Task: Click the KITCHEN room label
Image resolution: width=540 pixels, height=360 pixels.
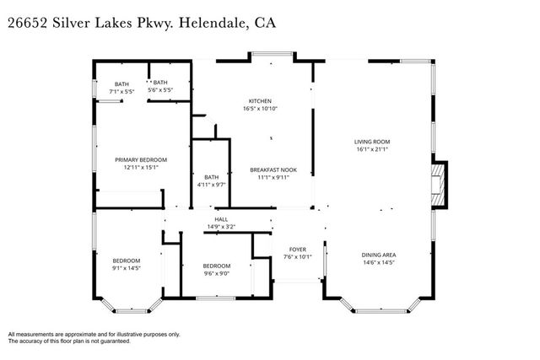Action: tap(259, 100)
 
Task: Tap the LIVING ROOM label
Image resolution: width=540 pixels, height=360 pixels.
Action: tap(371, 141)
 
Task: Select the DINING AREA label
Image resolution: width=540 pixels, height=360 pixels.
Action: tap(378, 255)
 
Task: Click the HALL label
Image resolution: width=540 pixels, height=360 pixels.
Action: tap(221, 218)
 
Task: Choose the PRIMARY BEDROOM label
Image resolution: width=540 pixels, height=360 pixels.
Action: tap(141, 159)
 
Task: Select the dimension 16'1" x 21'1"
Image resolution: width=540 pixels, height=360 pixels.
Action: tap(371, 149)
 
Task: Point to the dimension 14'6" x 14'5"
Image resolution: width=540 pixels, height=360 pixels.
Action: tap(378, 263)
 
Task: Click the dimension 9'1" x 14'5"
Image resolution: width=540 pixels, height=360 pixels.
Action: tap(127, 269)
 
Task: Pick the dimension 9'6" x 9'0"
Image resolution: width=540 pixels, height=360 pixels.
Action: tap(216, 273)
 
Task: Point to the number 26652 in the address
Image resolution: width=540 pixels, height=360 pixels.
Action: tap(28, 23)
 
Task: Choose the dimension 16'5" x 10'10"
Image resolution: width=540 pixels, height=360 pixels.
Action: tap(259, 109)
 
